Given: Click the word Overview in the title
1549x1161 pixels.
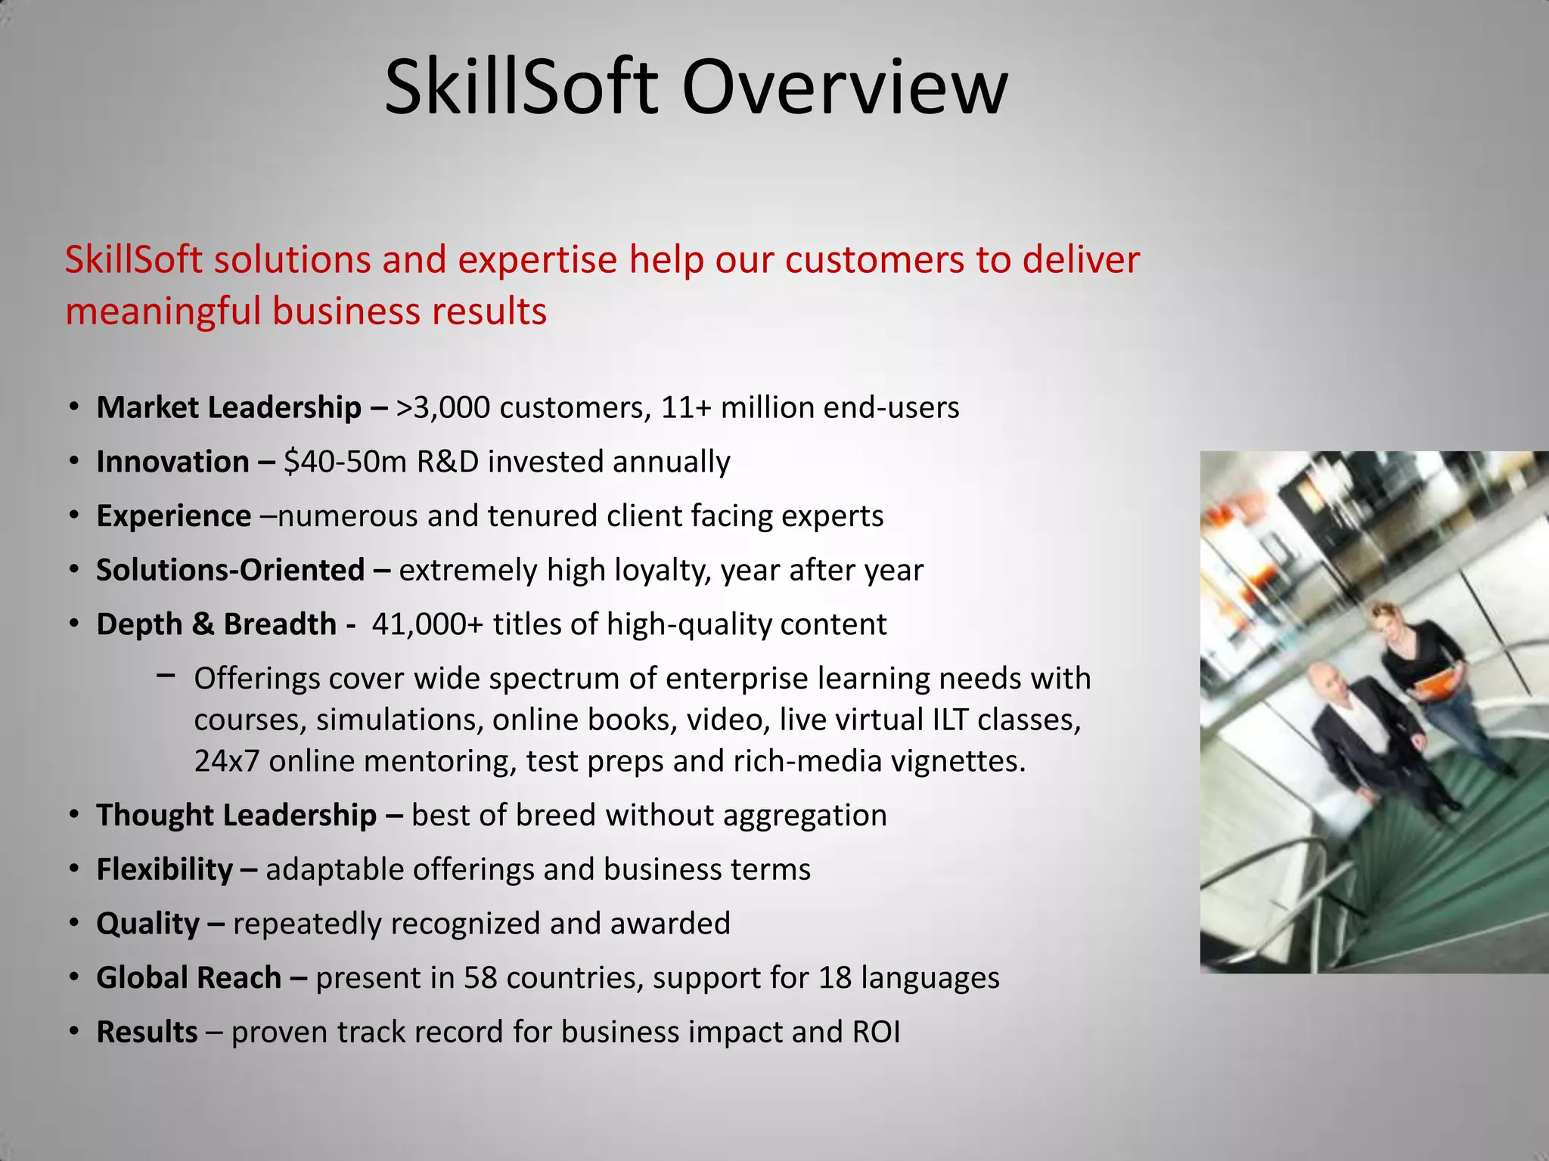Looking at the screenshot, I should pyautogui.click(x=845, y=88).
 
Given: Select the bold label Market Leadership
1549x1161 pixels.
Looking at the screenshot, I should pyautogui.click(x=228, y=408).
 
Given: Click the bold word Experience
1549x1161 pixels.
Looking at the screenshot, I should pyautogui.click(x=173, y=516).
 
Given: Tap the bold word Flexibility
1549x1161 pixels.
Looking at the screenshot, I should pyautogui.click(x=164, y=870).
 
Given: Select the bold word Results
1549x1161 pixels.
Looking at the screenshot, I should pyautogui.click(x=147, y=1033).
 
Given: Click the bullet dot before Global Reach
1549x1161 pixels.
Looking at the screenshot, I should pyautogui.click(x=73, y=978).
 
